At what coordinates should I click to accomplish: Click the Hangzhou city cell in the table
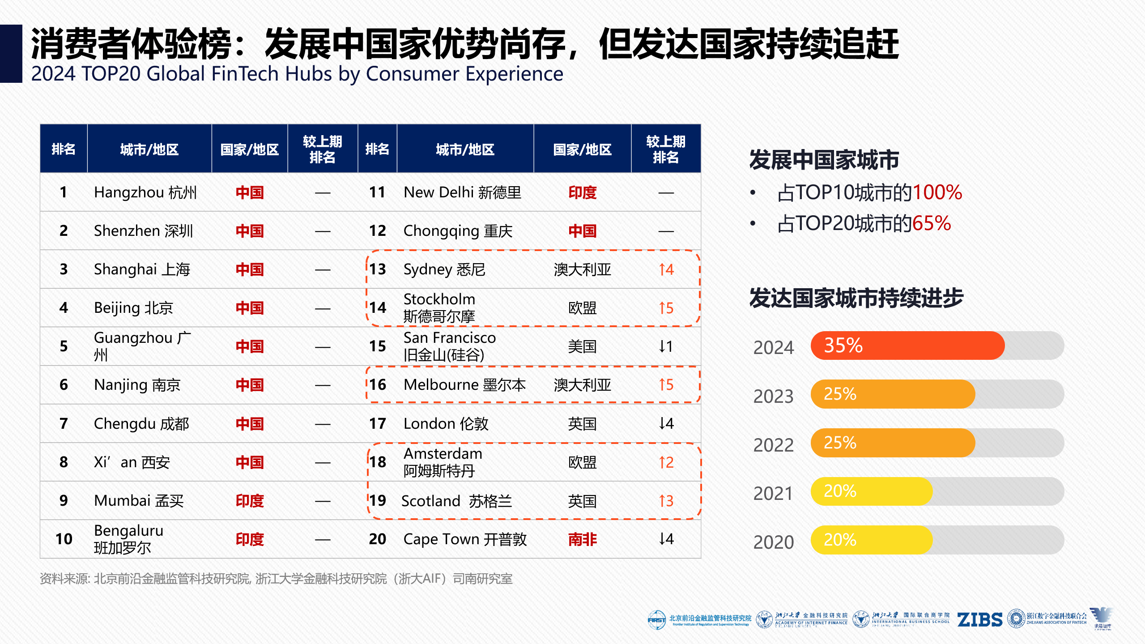[x=145, y=192]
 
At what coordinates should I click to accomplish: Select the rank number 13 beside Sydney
[x=377, y=269]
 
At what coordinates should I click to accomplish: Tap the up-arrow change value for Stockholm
[x=666, y=308]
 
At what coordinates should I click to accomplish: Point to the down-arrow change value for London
[x=666, y=423]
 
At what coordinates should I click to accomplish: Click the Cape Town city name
[x=464, y=539]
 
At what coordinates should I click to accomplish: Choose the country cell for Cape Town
[x=582, y=539]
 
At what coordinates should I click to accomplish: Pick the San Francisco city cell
[x=449, y=346]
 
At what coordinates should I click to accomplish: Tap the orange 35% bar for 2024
[x=907, y=345]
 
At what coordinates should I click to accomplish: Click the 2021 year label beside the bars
[x=773, y=493]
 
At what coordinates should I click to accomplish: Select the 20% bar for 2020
[x=871, y=540]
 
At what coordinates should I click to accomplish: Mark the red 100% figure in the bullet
[x=937, y=192]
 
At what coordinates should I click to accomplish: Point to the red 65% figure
[x=931, y=223]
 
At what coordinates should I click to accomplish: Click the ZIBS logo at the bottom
[x=979, y=620]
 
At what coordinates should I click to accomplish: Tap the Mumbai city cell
[x=139, y=500]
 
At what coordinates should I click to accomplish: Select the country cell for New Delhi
[x=582, y=192]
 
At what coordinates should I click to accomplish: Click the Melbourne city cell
[x=464, y=385]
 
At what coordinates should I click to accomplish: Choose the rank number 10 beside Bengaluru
[x=64, y=539]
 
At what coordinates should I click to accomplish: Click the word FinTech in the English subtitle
[x=244, y=74]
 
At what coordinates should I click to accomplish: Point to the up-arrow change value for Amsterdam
[x=666, y=462]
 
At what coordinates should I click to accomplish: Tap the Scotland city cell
[x=456, y=501]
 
